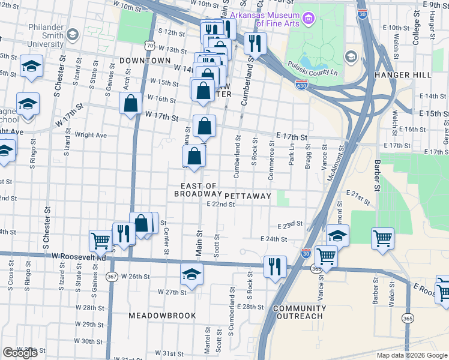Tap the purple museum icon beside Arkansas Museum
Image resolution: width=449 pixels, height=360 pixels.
309,19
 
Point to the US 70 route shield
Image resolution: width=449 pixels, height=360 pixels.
150,45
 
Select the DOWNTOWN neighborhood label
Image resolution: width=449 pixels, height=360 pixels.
145,61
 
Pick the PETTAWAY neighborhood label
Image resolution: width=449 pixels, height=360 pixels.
249,196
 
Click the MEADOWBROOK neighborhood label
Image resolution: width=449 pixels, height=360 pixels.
162,315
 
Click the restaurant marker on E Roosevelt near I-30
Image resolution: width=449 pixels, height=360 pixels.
276,266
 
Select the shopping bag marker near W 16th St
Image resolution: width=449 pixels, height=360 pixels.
130,103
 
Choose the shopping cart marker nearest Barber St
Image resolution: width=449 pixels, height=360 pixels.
382,238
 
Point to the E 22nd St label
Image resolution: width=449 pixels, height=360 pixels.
220,204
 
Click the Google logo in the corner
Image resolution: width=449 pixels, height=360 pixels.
20,353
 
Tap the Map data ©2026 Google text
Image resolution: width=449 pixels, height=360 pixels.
411,355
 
